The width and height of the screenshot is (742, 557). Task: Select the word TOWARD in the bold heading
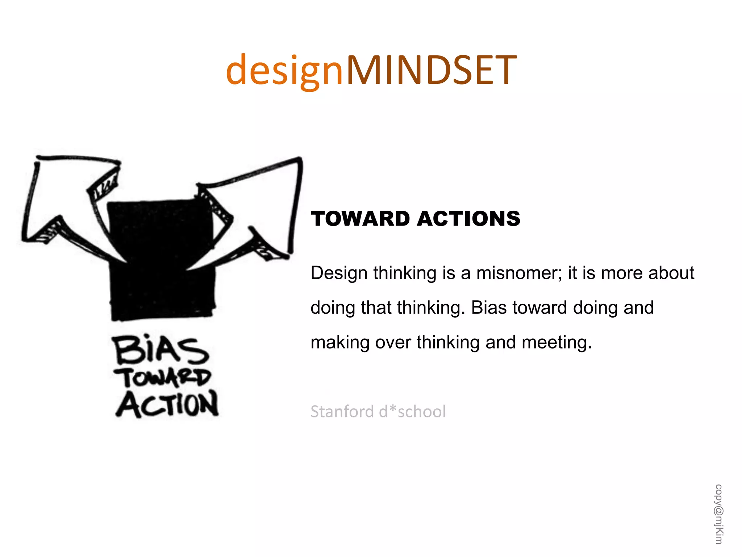360,219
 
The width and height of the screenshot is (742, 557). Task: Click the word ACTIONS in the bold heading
468,219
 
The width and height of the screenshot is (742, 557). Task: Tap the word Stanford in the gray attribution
342,412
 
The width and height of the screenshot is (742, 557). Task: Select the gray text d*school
412,412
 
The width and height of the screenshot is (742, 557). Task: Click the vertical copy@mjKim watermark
719,514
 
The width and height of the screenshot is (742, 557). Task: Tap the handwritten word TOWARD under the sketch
162,377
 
